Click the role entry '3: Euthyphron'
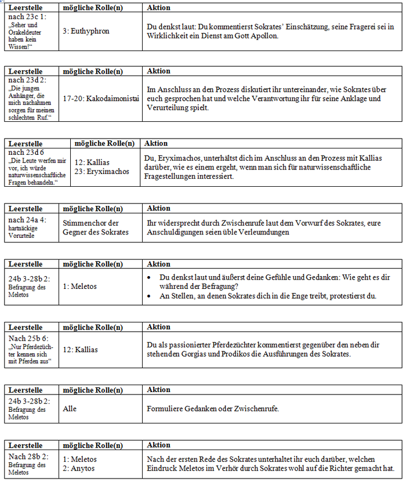[86, 31]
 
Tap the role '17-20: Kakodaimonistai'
[101, 99]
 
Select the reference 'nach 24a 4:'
[28, 220]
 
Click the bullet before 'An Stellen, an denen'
[150, 296]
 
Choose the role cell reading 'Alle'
[70, 409]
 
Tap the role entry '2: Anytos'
[80, 468]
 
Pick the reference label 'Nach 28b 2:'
[28, 456]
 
